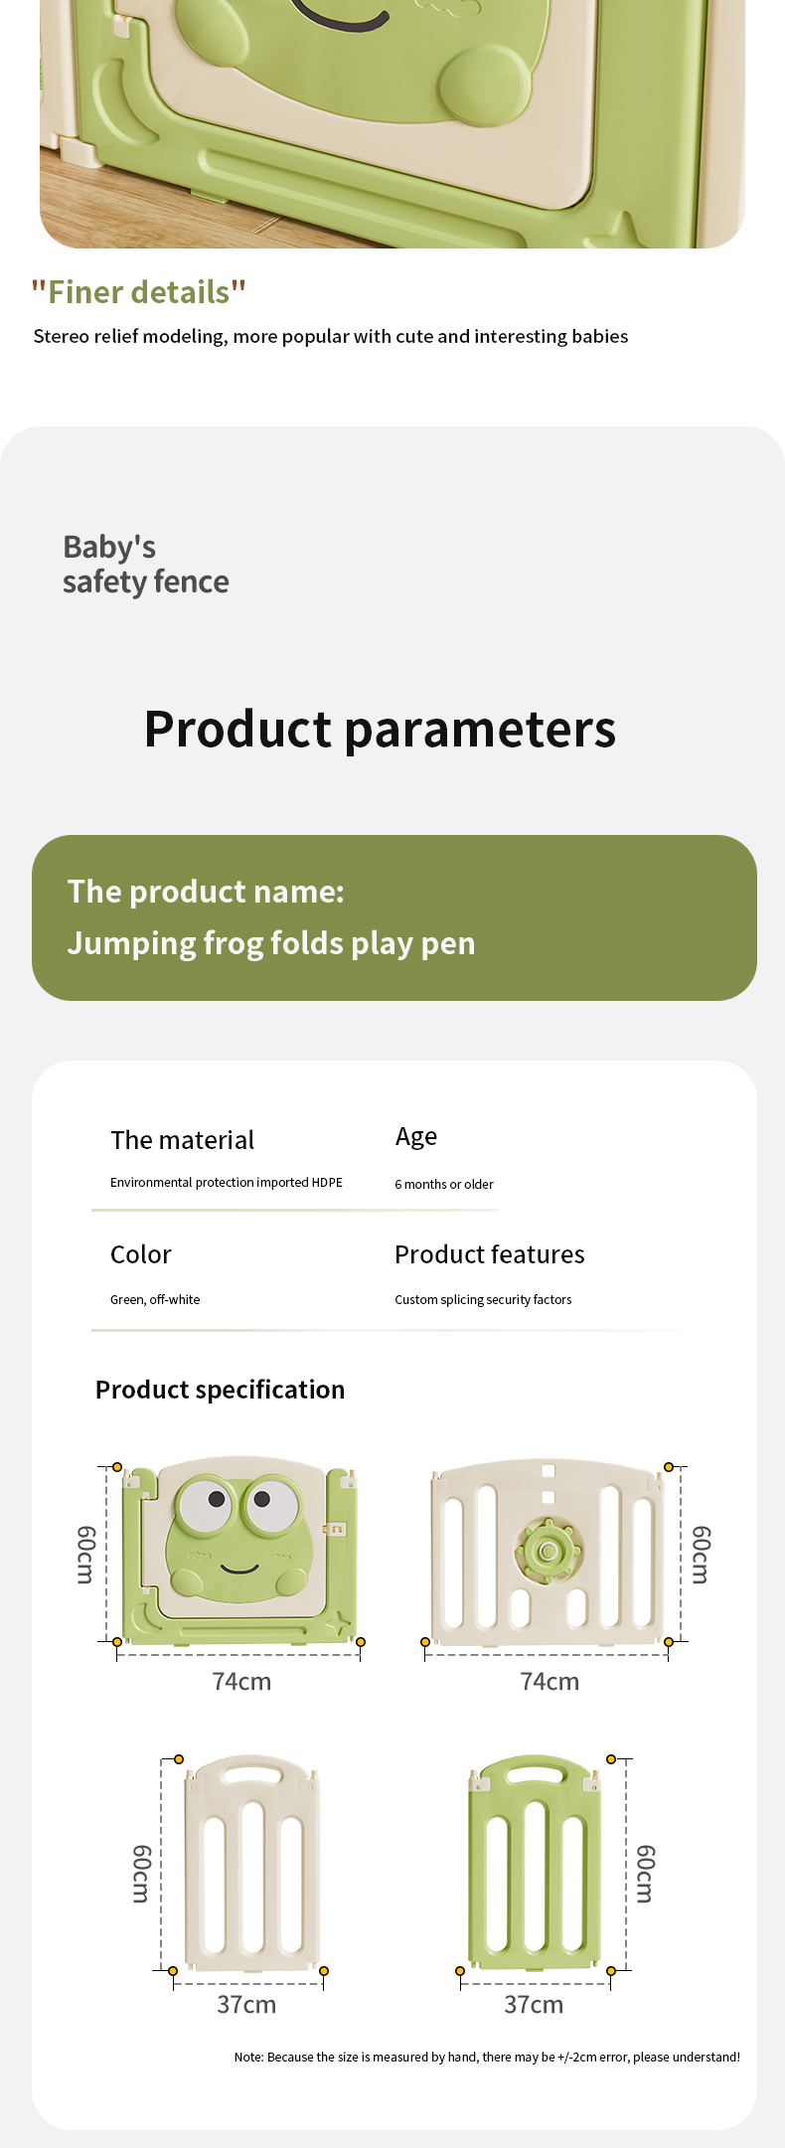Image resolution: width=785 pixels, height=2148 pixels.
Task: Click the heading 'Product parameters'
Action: (380, 729)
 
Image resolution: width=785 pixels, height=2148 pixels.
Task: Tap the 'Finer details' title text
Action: (138, 292)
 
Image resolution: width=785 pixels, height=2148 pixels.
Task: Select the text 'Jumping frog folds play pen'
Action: (271, 942)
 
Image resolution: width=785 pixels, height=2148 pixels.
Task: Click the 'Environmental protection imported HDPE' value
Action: (227, 1183)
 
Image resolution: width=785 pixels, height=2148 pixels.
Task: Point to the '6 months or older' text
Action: (444, 1184)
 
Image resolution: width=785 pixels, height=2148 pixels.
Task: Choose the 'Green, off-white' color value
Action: (155, 1299)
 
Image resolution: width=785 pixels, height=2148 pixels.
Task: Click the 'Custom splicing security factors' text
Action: (483, 1299)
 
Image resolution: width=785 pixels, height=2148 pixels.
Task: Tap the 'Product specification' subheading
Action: (220, 1390)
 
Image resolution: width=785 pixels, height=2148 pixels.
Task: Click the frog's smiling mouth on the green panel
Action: (239, 1568)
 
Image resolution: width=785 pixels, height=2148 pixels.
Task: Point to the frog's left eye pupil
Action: (217, 1499)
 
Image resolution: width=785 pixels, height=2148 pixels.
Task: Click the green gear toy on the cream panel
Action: (548, 1550)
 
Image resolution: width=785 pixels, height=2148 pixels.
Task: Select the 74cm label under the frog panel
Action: (241, 1681)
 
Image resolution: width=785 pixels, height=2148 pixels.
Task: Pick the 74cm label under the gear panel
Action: (549, 1681)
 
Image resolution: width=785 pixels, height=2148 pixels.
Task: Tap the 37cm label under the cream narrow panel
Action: (246, 2004)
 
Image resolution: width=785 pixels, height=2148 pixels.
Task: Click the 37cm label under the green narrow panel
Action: (534, 2004)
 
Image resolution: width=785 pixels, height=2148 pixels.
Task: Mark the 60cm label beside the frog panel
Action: (86, 1555)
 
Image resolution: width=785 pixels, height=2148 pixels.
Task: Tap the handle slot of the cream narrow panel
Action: (252, 1773)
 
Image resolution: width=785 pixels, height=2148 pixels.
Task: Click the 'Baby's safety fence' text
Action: (145, 564)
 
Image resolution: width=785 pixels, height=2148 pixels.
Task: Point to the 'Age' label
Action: (416, 1137)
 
